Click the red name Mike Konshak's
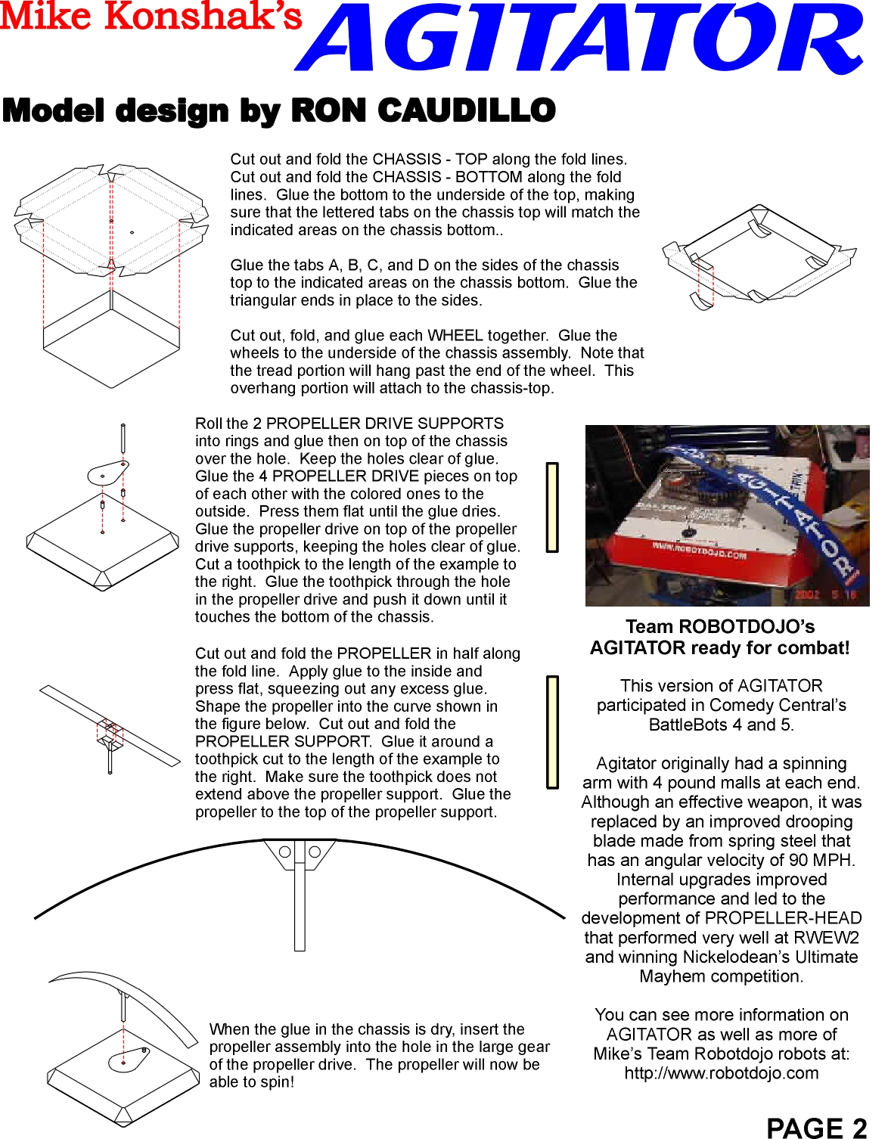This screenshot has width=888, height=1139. click(x=151, y=17)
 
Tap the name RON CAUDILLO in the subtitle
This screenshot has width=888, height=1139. click(x=424, y=110)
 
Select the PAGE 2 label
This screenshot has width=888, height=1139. click(x=816, y=1128)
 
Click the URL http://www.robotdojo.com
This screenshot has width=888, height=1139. click(x=721, y=1073)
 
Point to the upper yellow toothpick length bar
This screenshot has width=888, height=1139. click(x=552, y=507)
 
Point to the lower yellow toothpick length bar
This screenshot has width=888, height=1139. click(x=552, y=732)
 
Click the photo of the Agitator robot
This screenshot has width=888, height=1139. click(x=726, y=515)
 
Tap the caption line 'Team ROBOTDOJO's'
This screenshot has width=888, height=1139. click(x=719, y=627)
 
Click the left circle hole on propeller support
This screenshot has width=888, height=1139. click(x=285, y=852)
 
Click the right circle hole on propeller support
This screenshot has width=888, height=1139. click(x=315, y=852)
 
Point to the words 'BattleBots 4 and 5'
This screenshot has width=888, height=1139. click(x=721, y=725)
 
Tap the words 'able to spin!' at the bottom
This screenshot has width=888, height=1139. click(x=252, y=1082)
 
